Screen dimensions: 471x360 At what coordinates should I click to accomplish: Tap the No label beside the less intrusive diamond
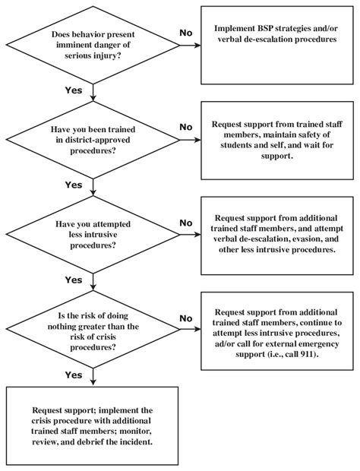185,223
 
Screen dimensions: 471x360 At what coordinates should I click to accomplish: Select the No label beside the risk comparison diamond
185,318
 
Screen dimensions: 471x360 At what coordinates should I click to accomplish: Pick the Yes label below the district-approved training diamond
74,185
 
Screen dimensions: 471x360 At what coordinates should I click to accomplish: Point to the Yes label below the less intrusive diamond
74,280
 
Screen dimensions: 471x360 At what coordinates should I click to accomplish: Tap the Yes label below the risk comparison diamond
74,375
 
